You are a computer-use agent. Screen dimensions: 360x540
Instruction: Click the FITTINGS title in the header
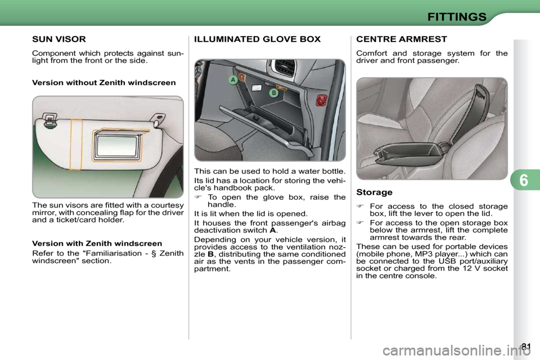click(x=456, y=16)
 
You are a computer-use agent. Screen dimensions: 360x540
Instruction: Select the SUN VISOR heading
click(x=59, y=39)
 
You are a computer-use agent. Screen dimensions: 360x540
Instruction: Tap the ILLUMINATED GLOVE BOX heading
click(x=257, y=39)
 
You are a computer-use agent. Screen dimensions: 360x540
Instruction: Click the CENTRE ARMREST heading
click(x=402, y=39)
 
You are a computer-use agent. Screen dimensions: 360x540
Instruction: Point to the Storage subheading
click(x=374, y=192)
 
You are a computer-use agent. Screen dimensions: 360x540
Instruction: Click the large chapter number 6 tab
click(x=525, y=181)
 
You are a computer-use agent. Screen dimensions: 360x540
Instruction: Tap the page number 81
click(x=525, y=346)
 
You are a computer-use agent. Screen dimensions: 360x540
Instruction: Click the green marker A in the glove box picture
click(x=232, y=80)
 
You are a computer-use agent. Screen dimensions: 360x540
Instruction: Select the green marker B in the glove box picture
click(x=273, y=93)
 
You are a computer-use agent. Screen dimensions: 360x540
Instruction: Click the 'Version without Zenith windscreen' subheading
click(x=104, y=83)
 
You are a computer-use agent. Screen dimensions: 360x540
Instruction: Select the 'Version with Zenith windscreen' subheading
click(x=97, y=244)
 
